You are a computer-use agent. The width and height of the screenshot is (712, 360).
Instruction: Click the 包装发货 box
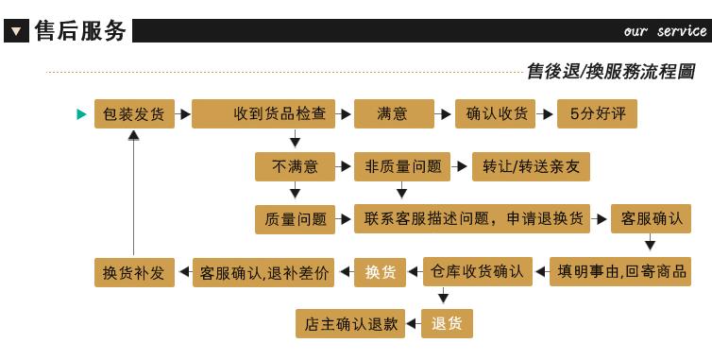coord(134,113)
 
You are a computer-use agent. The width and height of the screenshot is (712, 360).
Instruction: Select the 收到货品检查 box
coord(263,113)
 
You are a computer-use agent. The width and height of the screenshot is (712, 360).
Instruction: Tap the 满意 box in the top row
coord(394,113)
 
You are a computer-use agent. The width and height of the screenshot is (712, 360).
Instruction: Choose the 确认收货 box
coord(496,113)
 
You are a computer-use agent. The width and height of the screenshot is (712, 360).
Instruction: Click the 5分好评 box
coord(597,113)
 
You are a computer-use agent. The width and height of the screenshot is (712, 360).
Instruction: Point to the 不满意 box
coord(296,167)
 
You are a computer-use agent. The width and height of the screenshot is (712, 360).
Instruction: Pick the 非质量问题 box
coord(402,167)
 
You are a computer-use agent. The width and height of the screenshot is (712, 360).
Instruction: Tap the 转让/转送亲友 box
coord(532,167)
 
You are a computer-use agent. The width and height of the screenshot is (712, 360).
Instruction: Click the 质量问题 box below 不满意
coord(296,219)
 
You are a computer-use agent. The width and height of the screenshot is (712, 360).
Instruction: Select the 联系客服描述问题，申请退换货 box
coord(472,218)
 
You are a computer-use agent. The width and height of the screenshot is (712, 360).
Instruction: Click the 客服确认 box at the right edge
coord(652,218)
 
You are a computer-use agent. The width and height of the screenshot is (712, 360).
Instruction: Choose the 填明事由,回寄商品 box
coord(620,272)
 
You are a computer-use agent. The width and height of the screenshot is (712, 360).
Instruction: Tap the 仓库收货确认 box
coord(478,272)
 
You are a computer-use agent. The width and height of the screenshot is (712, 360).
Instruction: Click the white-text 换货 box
coord(380,272)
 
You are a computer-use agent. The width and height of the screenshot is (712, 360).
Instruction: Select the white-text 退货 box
coord(447,324)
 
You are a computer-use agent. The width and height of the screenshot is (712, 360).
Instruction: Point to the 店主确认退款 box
coord(350,324)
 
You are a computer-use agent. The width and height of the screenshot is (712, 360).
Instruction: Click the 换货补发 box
coord(134,273)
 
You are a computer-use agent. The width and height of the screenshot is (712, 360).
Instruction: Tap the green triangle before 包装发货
coord(82,114)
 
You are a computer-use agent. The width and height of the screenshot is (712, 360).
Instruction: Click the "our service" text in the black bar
coord(665,31)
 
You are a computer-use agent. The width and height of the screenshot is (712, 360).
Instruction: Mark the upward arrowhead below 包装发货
coord(133,135)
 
